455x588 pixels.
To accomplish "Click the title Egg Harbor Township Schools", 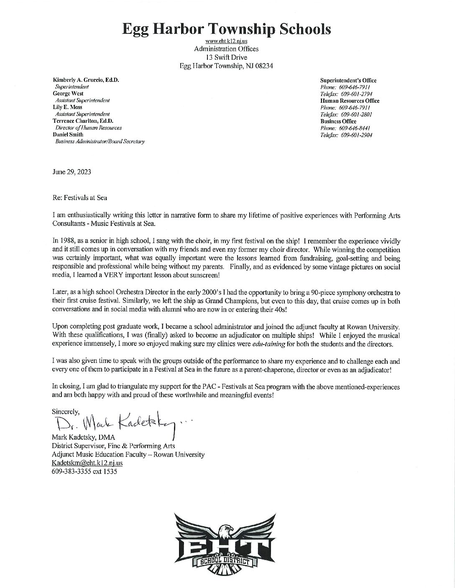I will point(226,28).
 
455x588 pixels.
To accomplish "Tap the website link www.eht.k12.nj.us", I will point(226,41).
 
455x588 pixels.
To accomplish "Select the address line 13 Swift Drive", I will point(226,57).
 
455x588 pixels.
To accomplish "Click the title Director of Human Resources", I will point(88,128).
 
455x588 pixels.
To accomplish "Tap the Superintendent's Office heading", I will point(348,80).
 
